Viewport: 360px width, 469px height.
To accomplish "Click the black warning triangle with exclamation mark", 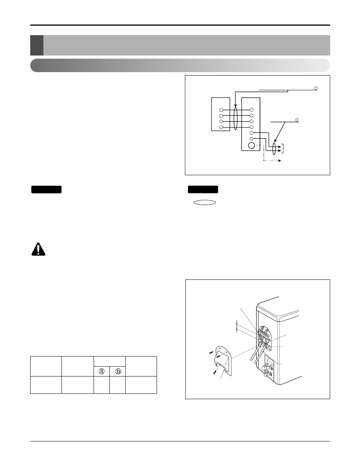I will click(x=38, y=250).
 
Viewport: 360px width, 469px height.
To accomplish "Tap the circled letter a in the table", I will click(x=102, y=371).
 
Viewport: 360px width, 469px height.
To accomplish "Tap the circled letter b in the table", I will click(x=118, y=371).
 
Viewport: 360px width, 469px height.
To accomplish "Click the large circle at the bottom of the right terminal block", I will click(x=251, y=145).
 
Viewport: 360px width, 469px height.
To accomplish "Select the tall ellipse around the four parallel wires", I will click(x=235, y=119).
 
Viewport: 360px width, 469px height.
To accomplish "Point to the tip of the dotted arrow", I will click(x=280, y=161).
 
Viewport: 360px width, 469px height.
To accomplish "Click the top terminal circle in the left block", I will click(x=221, y=110).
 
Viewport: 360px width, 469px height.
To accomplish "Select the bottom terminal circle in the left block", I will click(x=221, y=127).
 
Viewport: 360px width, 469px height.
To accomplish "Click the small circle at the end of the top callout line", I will click(x=316, y=88).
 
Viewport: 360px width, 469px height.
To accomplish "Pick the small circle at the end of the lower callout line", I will click(x=297, y=120).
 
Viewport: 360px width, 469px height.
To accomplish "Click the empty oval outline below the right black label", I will click(x=205, y=202).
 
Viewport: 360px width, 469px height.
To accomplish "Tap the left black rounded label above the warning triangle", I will click(x=46, y=190).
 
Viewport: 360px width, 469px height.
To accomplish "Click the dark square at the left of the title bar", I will click(x=37, y=45).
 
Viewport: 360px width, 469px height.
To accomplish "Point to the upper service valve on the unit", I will click(x=269, y=365).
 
